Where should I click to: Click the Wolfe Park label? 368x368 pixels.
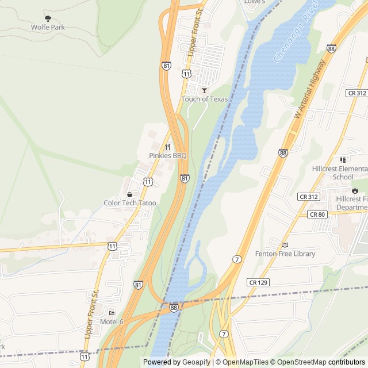[x=48, y=27]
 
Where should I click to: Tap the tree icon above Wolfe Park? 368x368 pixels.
[x=48, y=18]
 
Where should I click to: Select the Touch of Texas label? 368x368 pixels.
[x=204, y=99]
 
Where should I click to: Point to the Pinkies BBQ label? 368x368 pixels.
[x=168, y=155]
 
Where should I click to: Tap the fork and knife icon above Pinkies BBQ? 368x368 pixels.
[x=168, y=147]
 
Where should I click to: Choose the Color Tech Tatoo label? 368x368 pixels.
[x=130, y=203]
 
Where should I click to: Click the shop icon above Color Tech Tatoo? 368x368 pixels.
[x=130, y=194]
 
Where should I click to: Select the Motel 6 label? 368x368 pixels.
[x=112, y=321]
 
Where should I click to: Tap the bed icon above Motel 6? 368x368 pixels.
[x=112, y=313]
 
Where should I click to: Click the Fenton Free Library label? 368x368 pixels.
[x=285, y=254]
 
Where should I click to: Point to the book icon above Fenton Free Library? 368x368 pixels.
[x=285, y=245]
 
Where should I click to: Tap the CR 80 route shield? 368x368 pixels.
[x=317, y=214]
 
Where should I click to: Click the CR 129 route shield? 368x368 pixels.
[x=258, y=282]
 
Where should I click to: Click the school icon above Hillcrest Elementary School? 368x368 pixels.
[x=343, y=159]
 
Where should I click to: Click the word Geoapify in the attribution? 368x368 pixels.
[x=193, y=362]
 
